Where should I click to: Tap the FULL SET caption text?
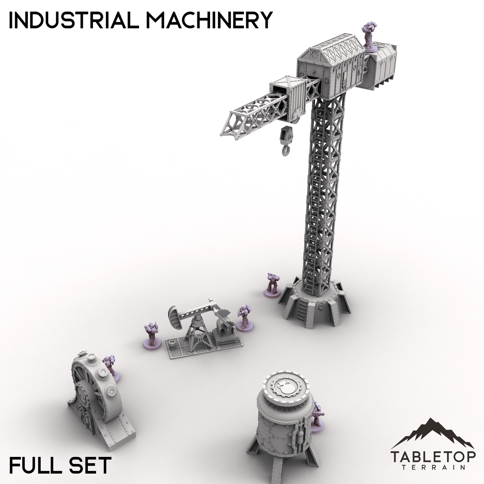(60, 465)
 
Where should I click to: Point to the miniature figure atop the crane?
(368, 37)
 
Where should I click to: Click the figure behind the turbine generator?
(110, 365)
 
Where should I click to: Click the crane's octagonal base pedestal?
(315, 305)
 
